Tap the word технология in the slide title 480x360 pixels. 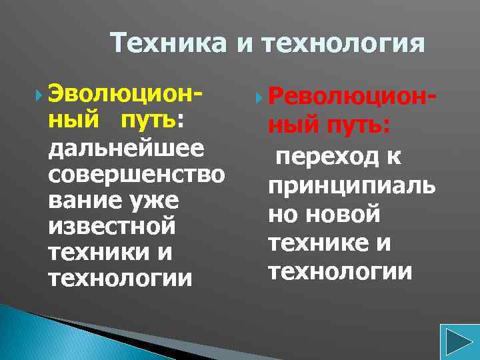tap(343, 44)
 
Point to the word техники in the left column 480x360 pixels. tap(99, 251)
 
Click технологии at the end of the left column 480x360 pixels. tap(120, 277)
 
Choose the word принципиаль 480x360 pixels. tap(351, 186)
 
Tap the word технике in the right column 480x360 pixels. tap(317, 243)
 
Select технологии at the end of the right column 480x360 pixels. tap(339, 271)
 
